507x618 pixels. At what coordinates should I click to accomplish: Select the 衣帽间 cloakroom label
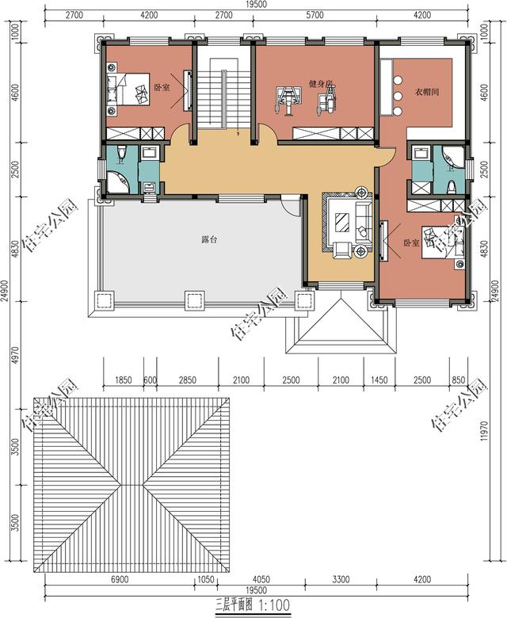pos(426,92)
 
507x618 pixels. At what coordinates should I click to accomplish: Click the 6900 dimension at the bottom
pos(119,580)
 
